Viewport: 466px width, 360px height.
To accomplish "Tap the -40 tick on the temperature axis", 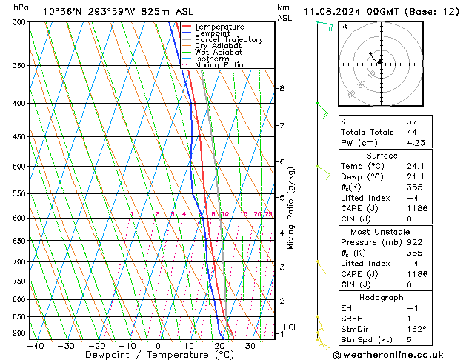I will tap(34, 345).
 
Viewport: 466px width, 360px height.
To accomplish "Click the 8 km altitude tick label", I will tap(282, 88).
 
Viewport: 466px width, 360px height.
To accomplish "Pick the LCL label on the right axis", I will tap(291, 327).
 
